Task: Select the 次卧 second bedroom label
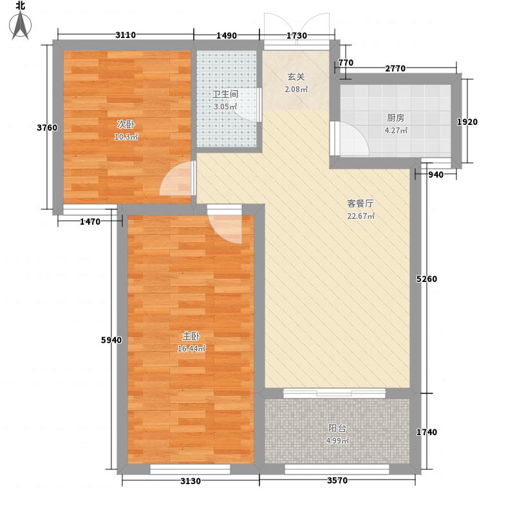click(126, 124)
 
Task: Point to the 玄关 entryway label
click(296, 77)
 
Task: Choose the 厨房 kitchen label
click(396, 118)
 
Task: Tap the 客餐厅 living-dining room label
click(360, 203)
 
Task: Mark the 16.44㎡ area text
click(191, 349)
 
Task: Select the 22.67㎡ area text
click(360, 216)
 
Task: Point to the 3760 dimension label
click(46, 127)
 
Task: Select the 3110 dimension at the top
click(126, 35)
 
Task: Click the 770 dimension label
click(346, 63)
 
